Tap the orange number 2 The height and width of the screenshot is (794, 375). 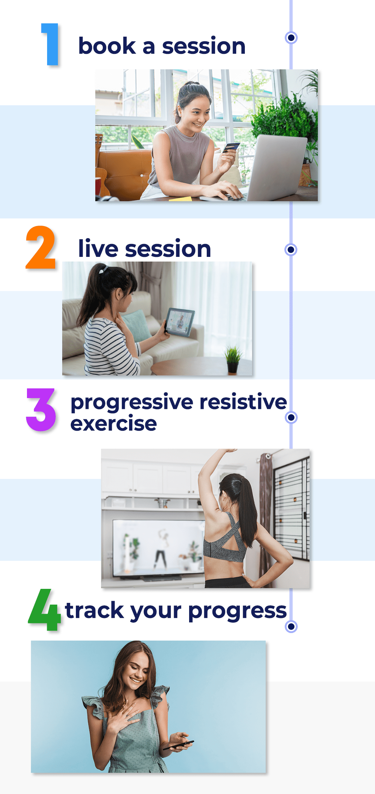[41, 248]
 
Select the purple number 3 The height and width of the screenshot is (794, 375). [41, 410]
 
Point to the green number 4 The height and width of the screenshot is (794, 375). [45, 610]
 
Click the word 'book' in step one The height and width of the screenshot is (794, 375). [107, 46]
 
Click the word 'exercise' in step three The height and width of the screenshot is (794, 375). [114, 424]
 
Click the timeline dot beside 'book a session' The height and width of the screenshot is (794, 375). [291, 37]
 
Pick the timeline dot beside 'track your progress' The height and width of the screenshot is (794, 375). [291, 627]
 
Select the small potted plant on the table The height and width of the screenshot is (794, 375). [233, 360]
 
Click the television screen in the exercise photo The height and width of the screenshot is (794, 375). [159, 546]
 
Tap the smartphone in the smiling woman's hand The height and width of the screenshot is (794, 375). [179, 745]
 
